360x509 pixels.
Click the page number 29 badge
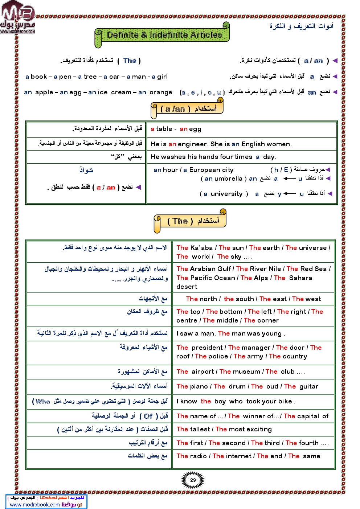[193, 480]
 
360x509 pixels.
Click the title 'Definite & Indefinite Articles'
[164, 35]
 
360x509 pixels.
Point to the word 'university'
[226, 194]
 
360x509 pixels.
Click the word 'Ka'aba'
[201, 248]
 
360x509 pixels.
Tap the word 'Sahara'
[300, 278]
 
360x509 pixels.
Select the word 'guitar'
[308, 386]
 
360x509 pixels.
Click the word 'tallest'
[200, 429]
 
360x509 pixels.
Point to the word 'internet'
[238, 456]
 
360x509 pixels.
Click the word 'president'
[207, 348]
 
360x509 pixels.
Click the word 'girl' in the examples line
[162, 77]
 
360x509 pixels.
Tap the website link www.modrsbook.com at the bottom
[35, 504]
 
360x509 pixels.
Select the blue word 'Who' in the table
[43, 401]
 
